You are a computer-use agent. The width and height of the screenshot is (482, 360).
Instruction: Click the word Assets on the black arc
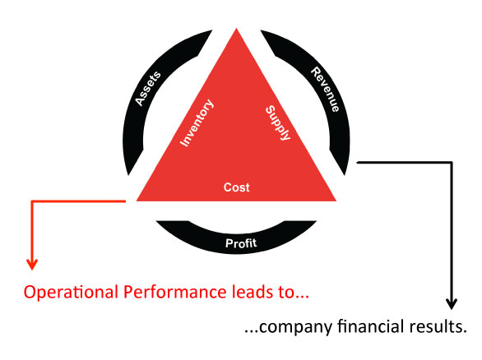[x=148, y=89]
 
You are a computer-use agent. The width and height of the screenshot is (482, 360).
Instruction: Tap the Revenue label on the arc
[x=325, y=90]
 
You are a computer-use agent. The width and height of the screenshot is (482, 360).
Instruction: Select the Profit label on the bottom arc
[x=241, y=243]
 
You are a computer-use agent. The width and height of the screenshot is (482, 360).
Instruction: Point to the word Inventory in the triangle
[x=197, y=122]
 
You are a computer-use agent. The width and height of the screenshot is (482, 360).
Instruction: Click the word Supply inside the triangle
[x=278, y=122]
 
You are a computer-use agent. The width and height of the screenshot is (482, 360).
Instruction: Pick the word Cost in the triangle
[x=236, y=187]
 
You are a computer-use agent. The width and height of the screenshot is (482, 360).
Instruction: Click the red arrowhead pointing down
[x=32, y=264]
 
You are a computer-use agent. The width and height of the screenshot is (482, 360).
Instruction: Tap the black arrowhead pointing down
[x=452, y=304]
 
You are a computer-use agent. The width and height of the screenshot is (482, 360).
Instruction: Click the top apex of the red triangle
[x=236, y=28]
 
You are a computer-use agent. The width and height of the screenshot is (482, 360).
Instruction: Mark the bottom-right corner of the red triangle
[x=336, y=201]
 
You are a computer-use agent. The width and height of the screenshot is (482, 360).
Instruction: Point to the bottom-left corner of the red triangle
[x=137, y=201]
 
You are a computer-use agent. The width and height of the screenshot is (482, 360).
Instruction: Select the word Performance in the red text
[x=175, y=292]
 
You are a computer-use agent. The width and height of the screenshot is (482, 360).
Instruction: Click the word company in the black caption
[x=296, y=327]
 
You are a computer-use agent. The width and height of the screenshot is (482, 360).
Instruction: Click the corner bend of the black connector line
[x=452, y=163]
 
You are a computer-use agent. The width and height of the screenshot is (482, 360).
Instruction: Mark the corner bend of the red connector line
[x=32, y=201]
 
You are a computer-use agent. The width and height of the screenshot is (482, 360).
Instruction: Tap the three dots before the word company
[x=251, y=331]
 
